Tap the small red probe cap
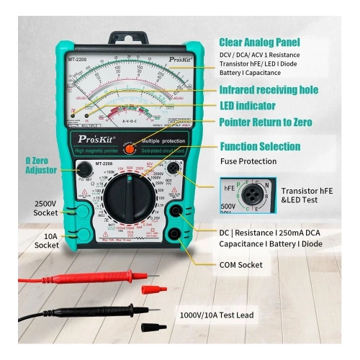tap(150, 289)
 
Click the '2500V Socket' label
tap(45, 209)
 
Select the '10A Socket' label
tap(46, 240)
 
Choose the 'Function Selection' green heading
tap(261, 145)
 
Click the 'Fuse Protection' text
tap(247, 161)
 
